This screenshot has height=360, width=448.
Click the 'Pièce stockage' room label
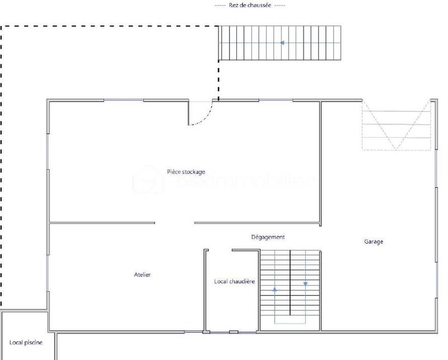pyautogui.click(x=186, y=172)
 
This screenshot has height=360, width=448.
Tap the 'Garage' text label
pyautogui.click(x=374, y=242)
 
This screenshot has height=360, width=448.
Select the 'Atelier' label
pyautogui.click(x=142, y=275)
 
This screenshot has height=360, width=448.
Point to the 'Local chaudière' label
pyautogui.click(x=234, y=282)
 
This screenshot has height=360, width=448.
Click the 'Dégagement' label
pyautogui.click(x=268, y=237)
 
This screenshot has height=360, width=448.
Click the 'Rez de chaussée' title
pyautogui.click(x=250, y=5)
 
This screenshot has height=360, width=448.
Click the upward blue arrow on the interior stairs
pyautogui.click(x=275, y=290)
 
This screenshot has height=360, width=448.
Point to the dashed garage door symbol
pyautogui.click(x=396, y=125)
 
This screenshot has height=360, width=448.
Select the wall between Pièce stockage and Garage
pyautogui.click(x=320, y=162)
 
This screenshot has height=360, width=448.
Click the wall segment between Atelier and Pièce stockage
pyautogui.click(x=102, y=223)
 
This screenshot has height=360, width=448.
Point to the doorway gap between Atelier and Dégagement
pyautogui.click(x=174, y=223)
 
